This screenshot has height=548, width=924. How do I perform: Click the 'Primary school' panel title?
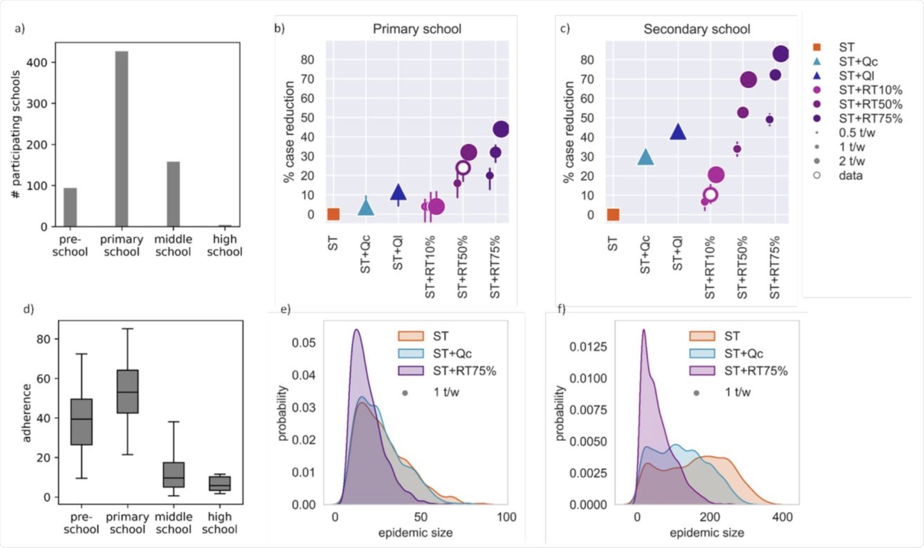tap(417, 29)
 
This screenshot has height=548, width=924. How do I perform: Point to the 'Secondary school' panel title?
tap(697, 29)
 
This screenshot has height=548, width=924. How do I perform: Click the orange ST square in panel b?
tap(333, 214)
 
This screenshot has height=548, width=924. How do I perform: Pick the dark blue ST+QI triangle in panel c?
tap(678, 132)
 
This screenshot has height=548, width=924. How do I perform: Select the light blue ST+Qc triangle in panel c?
tap(646, 157)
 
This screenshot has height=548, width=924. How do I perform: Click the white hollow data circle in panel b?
tap(463, 168)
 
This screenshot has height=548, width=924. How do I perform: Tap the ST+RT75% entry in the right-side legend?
tap(870, 118)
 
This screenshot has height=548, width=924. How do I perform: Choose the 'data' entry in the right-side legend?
tap(850, 175)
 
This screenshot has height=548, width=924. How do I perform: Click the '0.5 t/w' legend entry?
tap(857, 132)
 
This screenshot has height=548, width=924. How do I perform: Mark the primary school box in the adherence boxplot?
tap(128, 391)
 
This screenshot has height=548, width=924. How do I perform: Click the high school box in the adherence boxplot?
tap(220, 483)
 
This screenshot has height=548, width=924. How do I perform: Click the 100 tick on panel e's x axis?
tap(506, 517)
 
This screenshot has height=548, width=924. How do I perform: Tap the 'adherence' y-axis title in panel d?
tap(26, 413)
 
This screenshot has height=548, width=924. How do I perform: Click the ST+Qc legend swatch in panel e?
tap(411, 353)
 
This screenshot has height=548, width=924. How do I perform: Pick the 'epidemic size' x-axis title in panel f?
tap(707, 533)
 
